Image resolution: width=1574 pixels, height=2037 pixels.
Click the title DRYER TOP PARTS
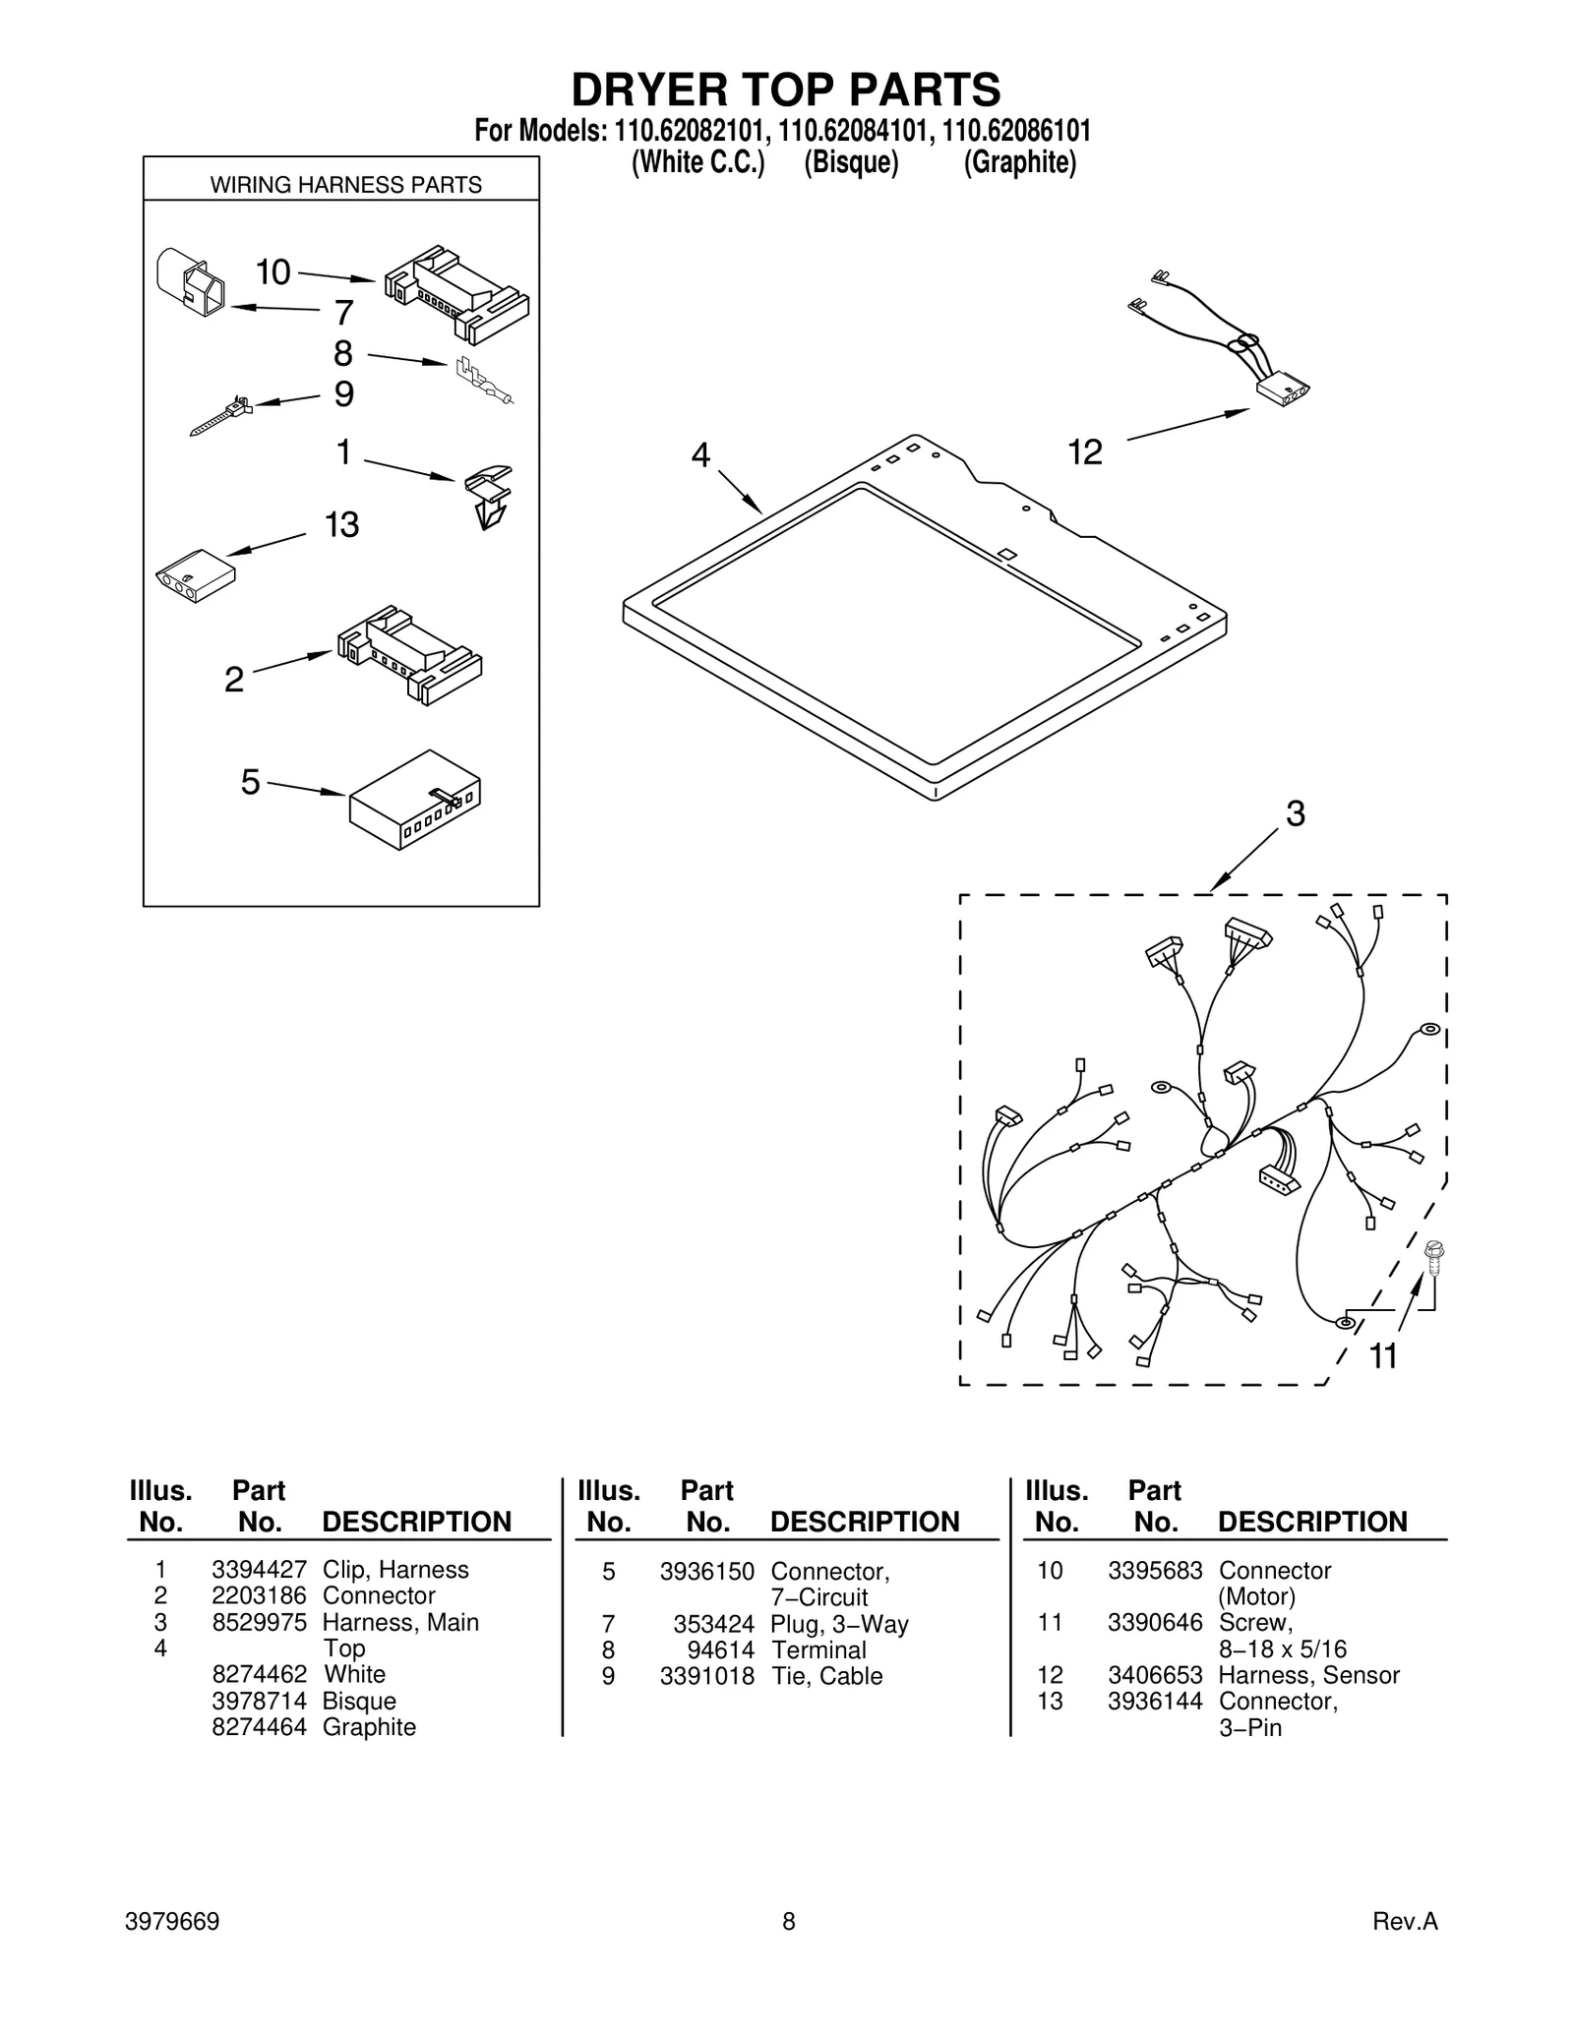[786, 90]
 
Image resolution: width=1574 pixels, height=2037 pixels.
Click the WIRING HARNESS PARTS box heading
[345, 185]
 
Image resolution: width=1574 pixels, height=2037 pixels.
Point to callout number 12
[1085, 452]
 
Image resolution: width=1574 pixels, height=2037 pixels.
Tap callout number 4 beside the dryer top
[700, 454]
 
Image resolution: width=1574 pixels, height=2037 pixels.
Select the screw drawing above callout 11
[1433, 1256]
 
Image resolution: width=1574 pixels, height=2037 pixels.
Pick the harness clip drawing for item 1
[489, 496]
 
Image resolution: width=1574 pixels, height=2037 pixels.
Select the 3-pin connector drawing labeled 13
[195, 575]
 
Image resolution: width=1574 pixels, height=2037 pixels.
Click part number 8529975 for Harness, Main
[259, 1622]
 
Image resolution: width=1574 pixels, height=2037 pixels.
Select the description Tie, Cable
[826, 1675]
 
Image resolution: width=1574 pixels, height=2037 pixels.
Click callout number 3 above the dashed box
[1296, 813]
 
